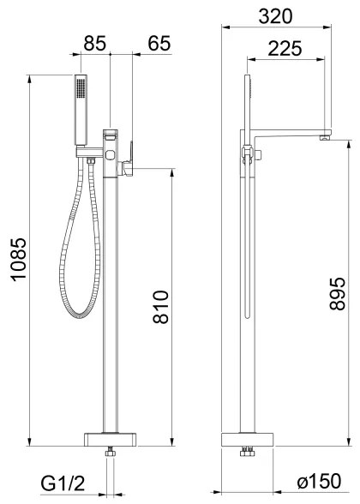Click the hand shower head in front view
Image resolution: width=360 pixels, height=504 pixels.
point(82,110)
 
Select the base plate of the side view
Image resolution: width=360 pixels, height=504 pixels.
point(249,441)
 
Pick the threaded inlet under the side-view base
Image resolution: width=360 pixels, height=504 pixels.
point(249,453)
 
